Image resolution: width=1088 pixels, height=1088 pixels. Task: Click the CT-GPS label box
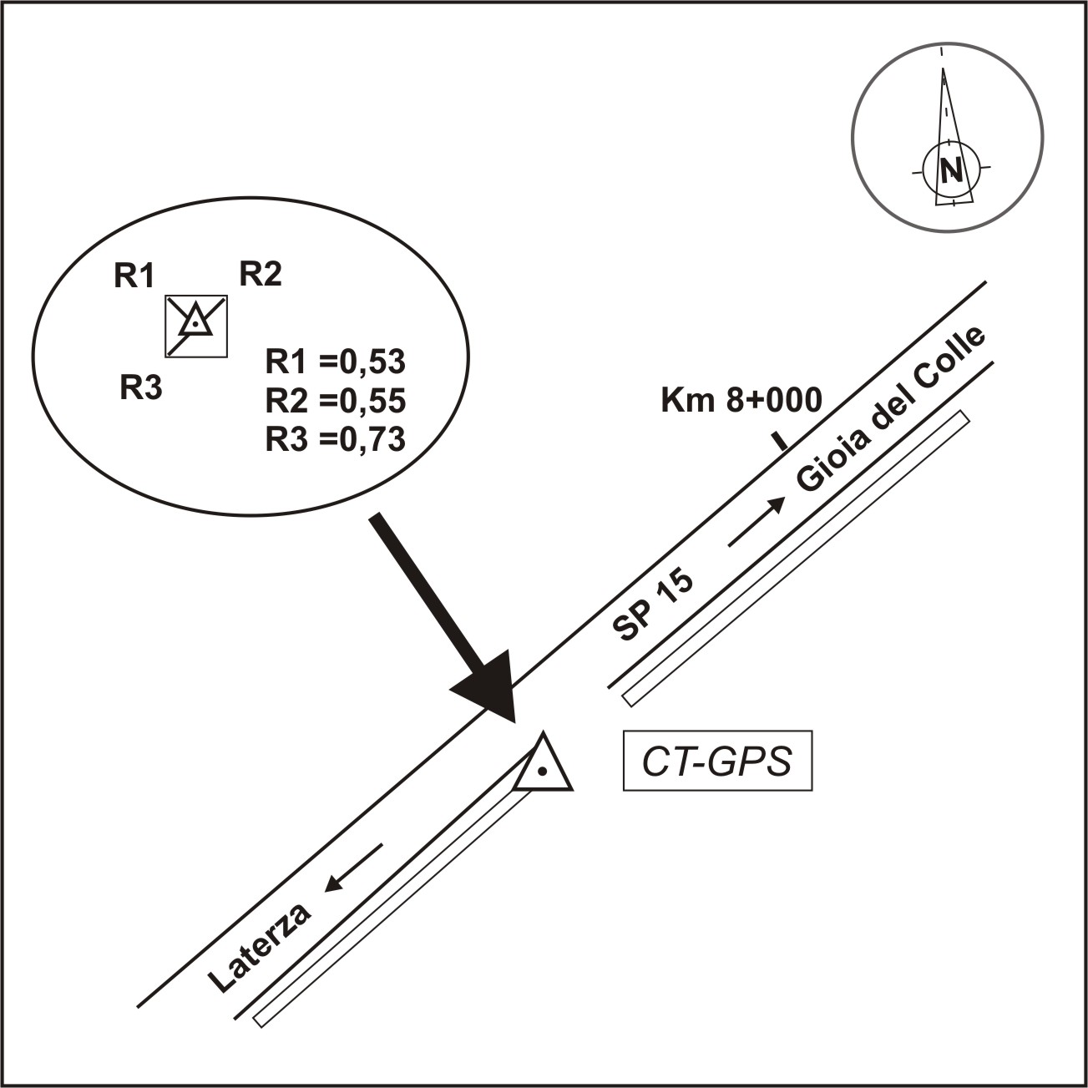(717, 761)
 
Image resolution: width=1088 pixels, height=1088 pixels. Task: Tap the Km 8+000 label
(741, 400)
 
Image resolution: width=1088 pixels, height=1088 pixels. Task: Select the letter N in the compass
(951, 170)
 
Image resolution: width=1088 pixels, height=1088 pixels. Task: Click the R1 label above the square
(134, 276)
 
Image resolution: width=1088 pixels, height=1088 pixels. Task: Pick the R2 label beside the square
(261, 274)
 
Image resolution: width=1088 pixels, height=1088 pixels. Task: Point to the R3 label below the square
(140, 387)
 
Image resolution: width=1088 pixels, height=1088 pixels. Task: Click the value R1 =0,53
(336, 362)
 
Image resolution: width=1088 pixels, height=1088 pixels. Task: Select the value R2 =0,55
(336, 400)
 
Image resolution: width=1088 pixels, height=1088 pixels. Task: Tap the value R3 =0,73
(336, 439)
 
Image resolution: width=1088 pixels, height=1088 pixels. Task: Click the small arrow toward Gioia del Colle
(757, 521)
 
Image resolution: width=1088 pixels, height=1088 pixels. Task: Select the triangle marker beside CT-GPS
(543, 763)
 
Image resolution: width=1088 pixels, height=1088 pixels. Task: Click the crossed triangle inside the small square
(195, 323)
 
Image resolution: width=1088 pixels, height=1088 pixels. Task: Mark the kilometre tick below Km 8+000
(780, 442)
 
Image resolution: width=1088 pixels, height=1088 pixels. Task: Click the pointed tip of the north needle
(943, 68)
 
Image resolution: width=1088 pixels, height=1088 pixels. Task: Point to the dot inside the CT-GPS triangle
(542, 770)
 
